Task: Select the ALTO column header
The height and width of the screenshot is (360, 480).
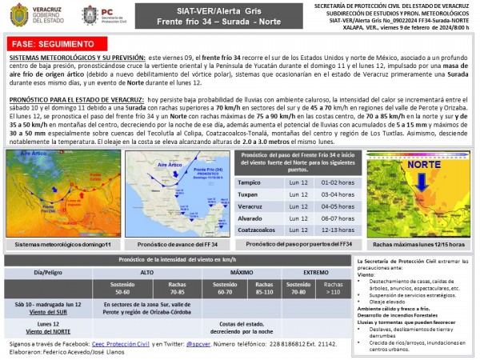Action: [146, 273]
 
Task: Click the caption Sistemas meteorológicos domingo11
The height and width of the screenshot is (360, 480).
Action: [63, 243]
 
